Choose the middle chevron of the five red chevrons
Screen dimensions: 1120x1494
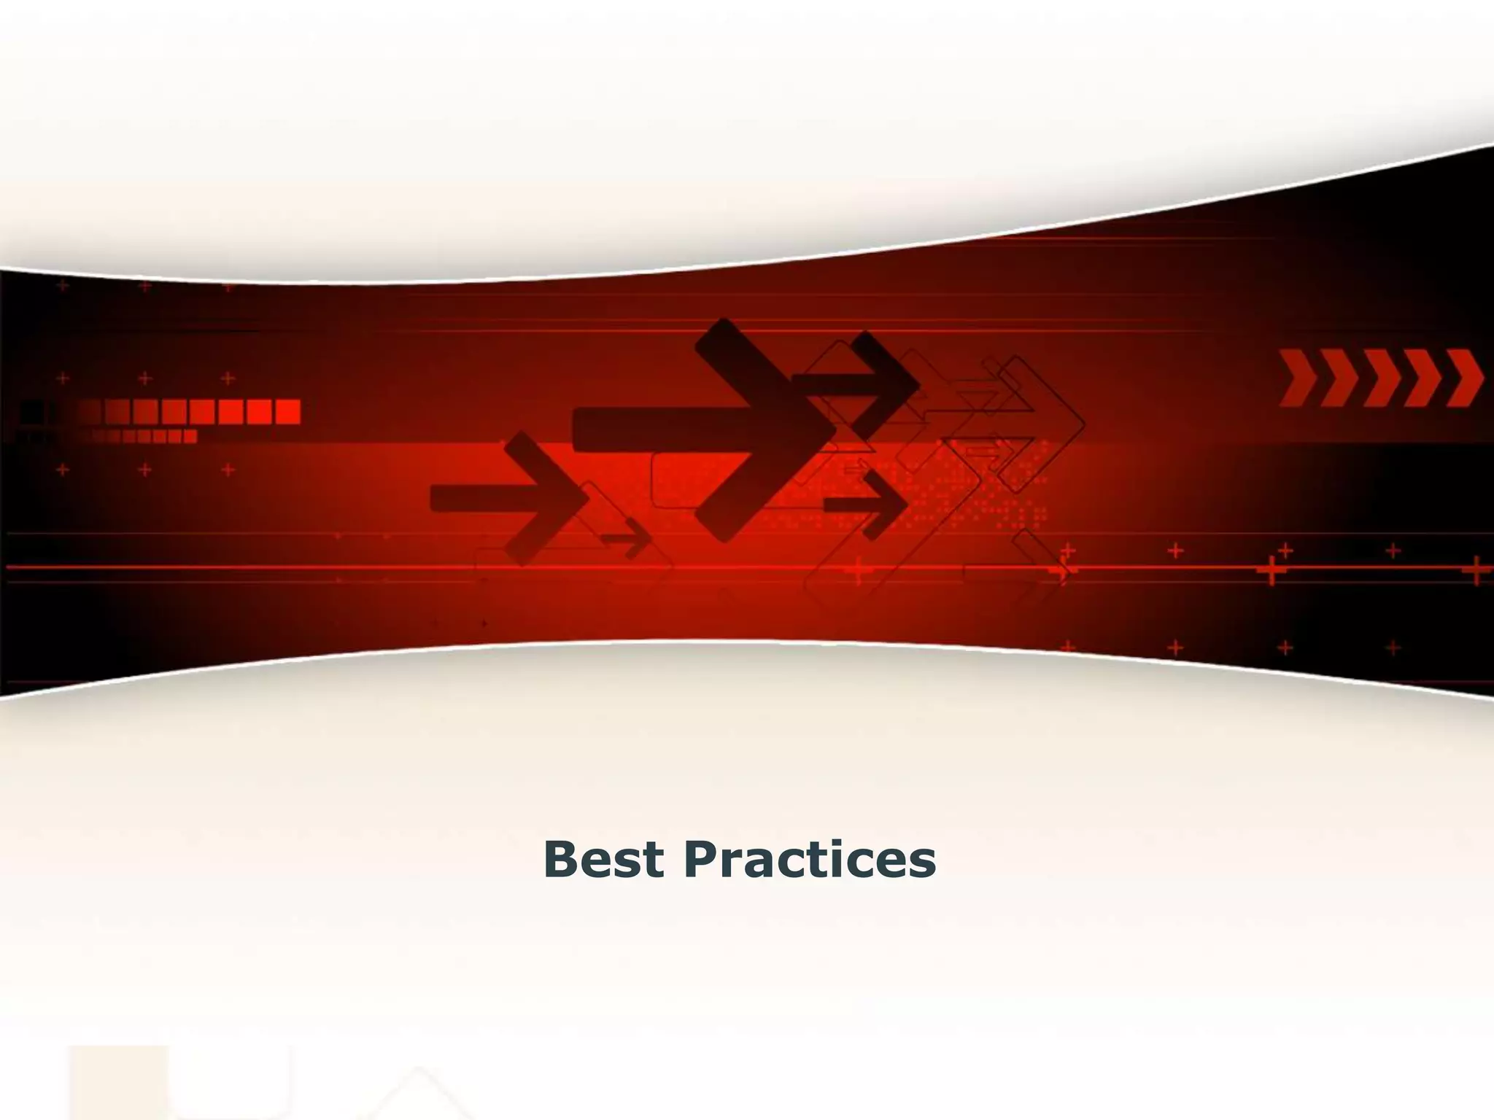tap(1382, 378)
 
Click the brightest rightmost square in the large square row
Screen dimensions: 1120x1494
tap(287, 411)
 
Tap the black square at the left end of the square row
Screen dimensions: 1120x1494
tap(31, 411)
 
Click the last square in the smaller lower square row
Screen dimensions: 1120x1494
tap(190, 436)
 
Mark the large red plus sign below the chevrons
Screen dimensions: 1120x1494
tap(1272, 570)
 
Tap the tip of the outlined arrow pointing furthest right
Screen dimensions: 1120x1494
tap(1084, 423)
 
